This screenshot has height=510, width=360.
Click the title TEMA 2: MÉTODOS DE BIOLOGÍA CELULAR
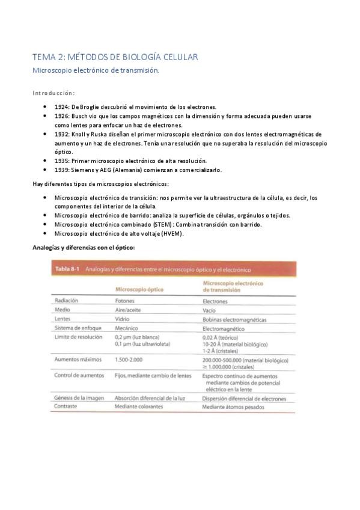(x=115, y=57)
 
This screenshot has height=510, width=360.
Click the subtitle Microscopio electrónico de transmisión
(x=96, y=70)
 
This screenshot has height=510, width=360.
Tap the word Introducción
(x=53, y=93)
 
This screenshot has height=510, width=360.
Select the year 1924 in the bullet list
(x=63, y=106)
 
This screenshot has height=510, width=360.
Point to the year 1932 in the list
(x=63, y=134)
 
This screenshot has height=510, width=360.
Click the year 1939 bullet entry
(x=63, y=170)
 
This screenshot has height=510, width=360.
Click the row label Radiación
(x=67, y=300)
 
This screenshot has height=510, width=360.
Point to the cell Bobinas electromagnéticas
(x=235, y=319)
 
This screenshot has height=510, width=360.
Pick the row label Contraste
(x=67, y=407)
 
